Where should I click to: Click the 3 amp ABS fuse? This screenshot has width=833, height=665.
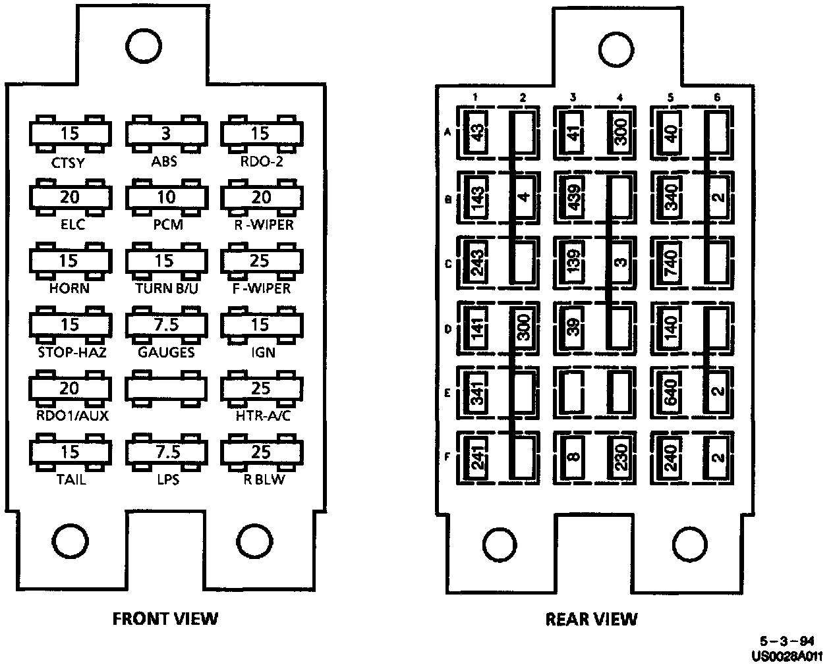166,134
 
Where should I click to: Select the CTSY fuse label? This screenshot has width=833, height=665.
68,161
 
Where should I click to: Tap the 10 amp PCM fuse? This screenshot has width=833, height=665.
166,198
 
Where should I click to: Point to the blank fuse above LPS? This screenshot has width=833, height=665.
166,388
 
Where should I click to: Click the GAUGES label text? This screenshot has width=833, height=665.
166,352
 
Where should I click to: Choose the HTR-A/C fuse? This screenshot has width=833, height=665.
260,388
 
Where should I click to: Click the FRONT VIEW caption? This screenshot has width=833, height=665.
165,618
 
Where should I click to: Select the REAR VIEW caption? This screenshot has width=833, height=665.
591,619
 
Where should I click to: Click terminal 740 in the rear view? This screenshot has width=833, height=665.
670,262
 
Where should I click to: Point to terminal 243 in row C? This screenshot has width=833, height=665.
476,263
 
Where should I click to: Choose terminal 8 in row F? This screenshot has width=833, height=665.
573,455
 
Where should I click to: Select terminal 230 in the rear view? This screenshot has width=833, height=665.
619,455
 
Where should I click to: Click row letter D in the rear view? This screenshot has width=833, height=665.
447,327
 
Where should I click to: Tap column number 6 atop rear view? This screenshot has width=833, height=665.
717,98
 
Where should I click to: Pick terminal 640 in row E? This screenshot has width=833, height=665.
670,390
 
